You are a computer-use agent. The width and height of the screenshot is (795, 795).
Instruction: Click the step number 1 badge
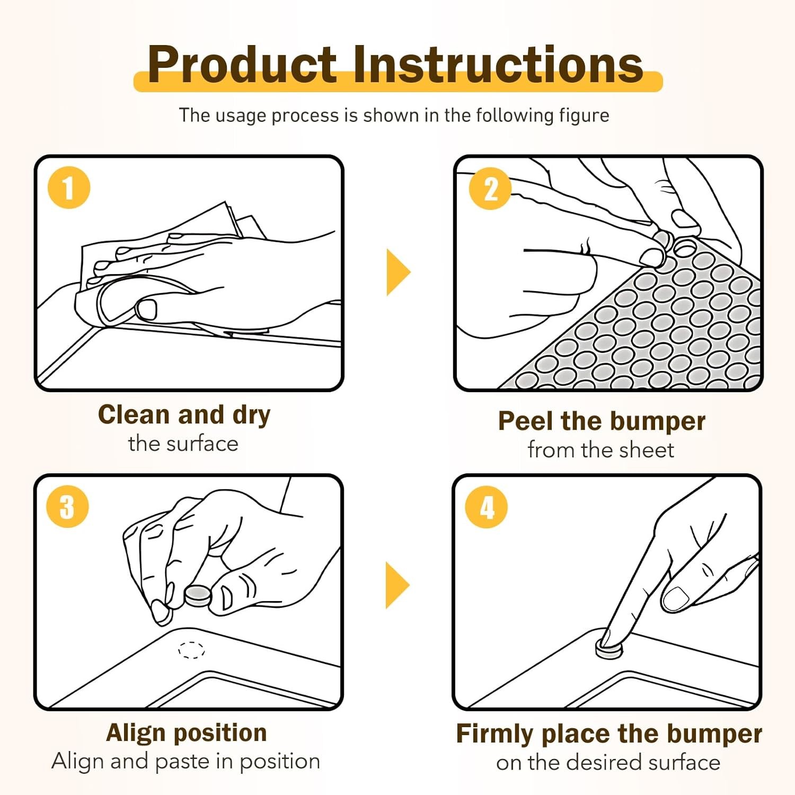[69, 188]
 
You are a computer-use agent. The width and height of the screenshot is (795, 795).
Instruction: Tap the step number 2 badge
[490, 188]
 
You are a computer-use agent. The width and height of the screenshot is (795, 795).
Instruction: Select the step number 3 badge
[67, 506]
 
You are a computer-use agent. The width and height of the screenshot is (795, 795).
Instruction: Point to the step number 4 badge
[486, 507]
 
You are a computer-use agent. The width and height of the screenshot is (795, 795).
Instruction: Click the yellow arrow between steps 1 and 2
[398, 272]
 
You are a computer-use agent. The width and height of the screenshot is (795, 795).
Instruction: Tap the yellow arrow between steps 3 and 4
[397, 585]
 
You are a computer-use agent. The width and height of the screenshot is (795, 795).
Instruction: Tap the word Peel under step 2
[526, 421]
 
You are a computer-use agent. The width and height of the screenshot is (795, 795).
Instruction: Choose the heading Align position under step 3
[186, 734]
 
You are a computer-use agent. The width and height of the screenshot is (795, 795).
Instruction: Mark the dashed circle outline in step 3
[191, 650]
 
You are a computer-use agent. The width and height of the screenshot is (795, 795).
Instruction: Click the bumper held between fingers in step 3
[198, 596]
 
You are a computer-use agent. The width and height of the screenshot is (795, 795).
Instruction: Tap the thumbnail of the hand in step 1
[146, 309]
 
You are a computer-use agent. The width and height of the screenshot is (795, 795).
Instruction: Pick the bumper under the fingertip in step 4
[608, 648]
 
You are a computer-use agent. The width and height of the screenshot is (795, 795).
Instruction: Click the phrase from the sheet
[601, 450]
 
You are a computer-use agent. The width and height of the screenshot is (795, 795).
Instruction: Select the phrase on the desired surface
[608, 763]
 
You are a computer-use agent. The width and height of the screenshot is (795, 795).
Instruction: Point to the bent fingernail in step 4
[675, 598]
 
